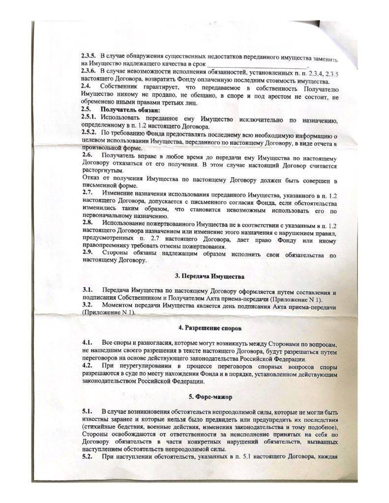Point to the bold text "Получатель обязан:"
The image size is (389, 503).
pyautogui.click(x=126, y=109)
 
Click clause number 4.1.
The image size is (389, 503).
pyautogui.click(x=87, y=341)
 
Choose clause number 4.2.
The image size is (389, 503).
pyautogui.click(x=87, y=364)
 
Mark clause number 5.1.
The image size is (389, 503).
pyautogui.click(x=87, y=410)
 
